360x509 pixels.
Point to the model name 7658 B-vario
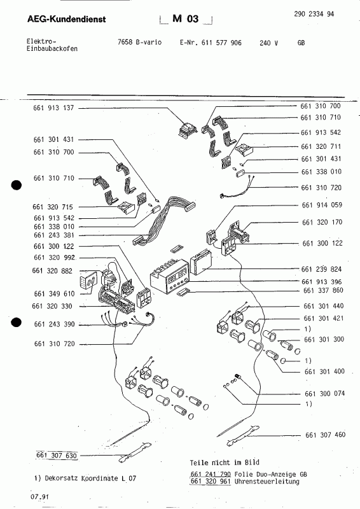(x=140, y=41)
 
